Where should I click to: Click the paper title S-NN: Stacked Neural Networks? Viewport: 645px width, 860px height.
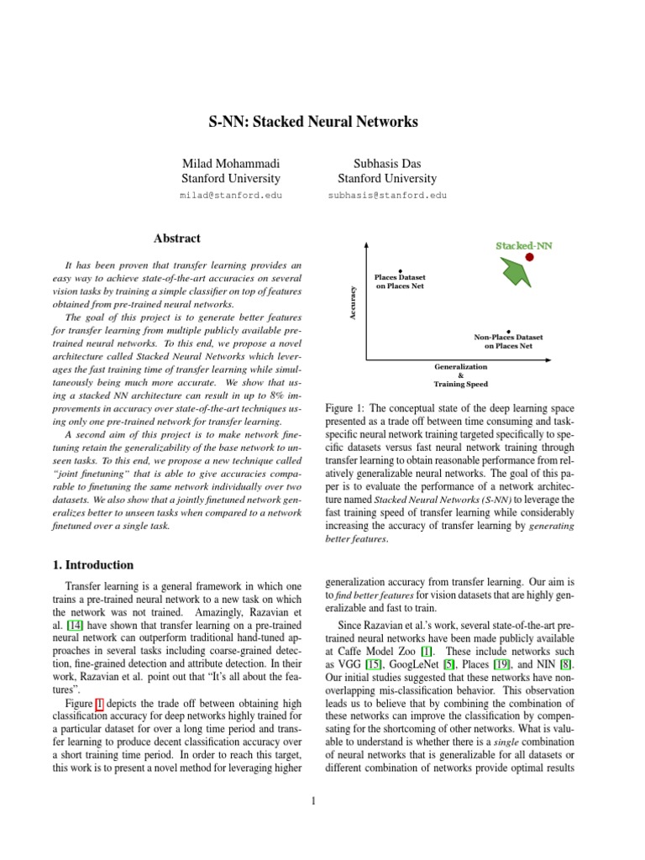pyautogui.click(x=313, y=122)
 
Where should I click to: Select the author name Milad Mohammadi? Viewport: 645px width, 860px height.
pyautogui.click(x=231, y=162)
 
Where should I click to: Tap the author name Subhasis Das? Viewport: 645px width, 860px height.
pyautogui.click(x=386, y=162)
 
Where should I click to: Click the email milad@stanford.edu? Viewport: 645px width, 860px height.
pyautogui.click(x=231, y=195)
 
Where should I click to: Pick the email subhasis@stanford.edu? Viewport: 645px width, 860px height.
pyautogui.click(x=387, y=195)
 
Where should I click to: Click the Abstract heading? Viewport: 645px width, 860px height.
pyautogui.click(x=176, y=239)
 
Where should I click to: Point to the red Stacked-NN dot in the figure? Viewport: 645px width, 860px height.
pyautogui.click(x=530, y=256)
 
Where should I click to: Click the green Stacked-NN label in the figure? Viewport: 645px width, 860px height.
pyautogui.click(x=524, y=245)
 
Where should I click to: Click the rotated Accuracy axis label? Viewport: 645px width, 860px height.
pyautogui.click(x=354, y=302)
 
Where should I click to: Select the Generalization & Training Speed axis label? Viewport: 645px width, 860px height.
pyautogui.click(x=459, y=375)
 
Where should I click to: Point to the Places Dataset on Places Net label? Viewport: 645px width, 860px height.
pyautogui.click(x=400, y=281)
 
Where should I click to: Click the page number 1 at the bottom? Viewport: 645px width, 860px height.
pyautogui.click(x=312, y=800)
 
